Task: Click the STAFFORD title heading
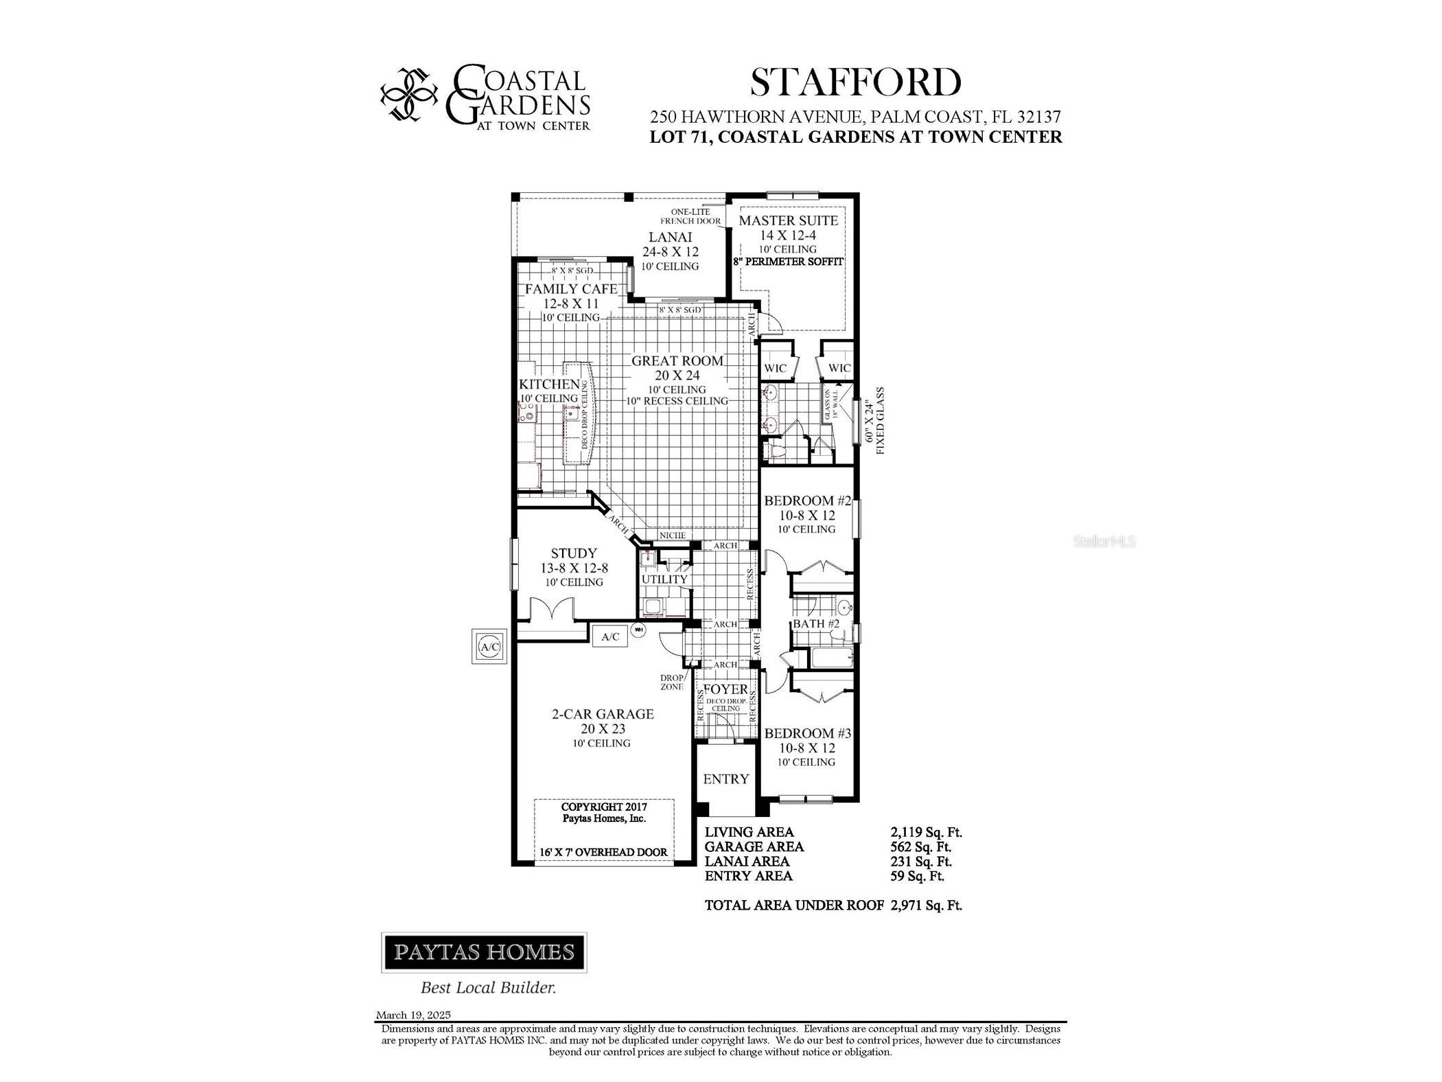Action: (x=854, y=83)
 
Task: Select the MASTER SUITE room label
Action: (x=787, y=220)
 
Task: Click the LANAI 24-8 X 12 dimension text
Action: (x=670, y=252)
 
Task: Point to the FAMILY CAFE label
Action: (x=571, y=289)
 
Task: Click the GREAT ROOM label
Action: (x=677, y=361)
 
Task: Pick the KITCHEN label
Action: (x=549, y=384)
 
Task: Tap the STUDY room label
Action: (x=574, y=553)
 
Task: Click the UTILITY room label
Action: (x=664, y=579)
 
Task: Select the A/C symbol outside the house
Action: (x=489, y=646)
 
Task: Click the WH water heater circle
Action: (x=638, y=630)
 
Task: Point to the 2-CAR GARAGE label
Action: (x=603, y=714)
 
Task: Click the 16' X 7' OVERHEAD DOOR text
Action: (x=603, y=852)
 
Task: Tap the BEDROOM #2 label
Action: (x=807, y=501)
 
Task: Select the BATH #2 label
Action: (x=815, y=624)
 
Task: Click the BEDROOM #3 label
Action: (x=807, y=733)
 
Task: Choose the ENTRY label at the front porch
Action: (x=725, y=779)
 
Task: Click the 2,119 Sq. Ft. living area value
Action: (x=925, y=832)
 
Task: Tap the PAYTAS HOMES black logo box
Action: (x=484, y=952)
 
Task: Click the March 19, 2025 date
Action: (x=413, y=1015)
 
